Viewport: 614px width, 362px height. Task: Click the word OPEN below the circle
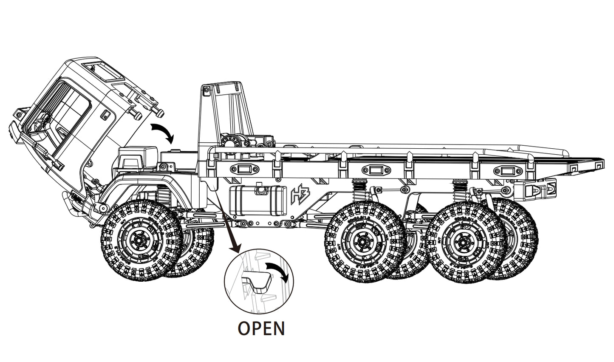click(x=261, y=328)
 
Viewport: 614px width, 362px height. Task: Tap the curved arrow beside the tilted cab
click(x=163, y=132)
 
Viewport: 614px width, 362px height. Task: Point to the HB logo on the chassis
click(x=300, y=195)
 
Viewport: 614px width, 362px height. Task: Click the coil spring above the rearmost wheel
click(x=460, y=189)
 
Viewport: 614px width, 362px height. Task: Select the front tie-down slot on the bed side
click(x=244, y=170)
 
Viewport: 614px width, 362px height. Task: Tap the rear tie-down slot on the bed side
click(x=506, y=171)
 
